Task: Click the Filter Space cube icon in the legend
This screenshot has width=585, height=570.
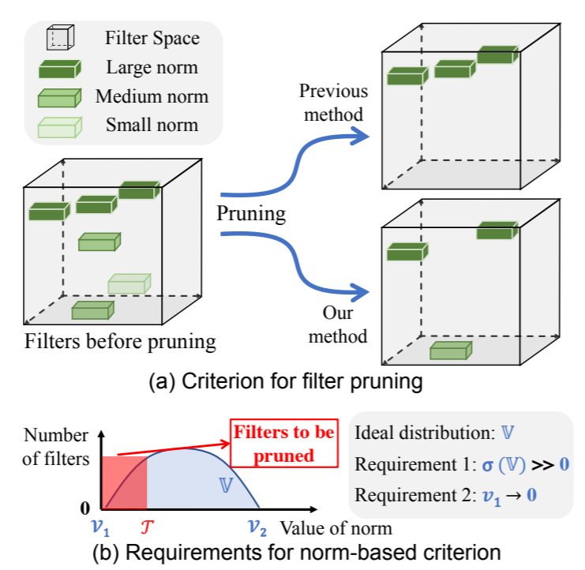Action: coord(59,39)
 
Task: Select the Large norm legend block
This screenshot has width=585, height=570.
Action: coord(59,68)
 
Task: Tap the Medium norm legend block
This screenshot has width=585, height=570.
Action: coord(59,98)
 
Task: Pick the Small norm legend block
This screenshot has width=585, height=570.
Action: coord(59,126)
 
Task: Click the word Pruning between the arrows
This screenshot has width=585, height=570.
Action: coord(252,214)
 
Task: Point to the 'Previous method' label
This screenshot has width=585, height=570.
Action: coord(332,103)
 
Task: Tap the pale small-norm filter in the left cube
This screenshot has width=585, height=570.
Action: coord(128,283)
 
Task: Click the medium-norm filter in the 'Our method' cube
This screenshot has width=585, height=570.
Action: coord(450,349)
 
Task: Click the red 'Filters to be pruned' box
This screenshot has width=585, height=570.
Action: coord(283,442)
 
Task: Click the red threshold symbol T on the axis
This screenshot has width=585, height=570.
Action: coord(148,525)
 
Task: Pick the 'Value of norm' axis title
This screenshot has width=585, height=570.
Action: coord(336,526)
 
